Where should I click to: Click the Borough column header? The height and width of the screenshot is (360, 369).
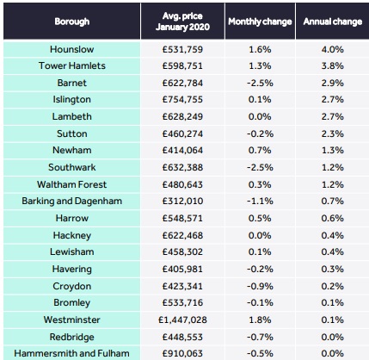point(72,22)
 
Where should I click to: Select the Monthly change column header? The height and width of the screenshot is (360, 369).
point(260,22)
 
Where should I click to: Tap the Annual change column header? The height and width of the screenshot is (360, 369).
point(333,22)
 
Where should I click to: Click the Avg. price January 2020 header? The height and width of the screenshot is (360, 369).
point(182,22)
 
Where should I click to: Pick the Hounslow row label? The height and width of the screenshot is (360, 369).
point(71,49)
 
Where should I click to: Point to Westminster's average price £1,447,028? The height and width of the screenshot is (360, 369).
point(182,320)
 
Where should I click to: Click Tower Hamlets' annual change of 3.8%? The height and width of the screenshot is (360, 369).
point(332,65)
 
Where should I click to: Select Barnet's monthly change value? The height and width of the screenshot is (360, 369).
point(260,83)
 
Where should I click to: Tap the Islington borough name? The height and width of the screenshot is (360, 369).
point(71,100)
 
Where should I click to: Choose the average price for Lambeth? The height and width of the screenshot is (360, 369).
point(182,116)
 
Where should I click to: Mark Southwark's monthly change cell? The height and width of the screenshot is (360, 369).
point(260,167)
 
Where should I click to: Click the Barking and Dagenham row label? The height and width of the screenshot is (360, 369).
point(71,201)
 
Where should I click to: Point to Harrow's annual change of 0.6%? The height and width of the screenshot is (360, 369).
point(332,218)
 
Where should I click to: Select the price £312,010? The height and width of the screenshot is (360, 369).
point(182,201)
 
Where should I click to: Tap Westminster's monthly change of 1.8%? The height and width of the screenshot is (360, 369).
point(260,320)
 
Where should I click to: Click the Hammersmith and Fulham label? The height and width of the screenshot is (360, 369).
point(71,353)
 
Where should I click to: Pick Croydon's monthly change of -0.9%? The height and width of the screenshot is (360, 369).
point(260,286)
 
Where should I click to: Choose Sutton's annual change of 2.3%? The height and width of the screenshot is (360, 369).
point(332,133)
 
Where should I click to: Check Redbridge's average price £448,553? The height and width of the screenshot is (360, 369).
point(182,337)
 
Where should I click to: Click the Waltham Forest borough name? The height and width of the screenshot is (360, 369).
point(71,184)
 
